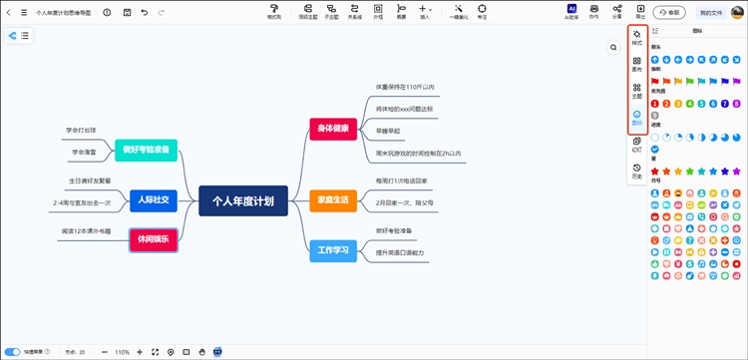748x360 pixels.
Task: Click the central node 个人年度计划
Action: (x=242, y=200)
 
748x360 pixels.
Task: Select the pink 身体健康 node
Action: (x=332, y=128)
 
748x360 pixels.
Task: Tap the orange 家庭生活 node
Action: (x=332, y=200)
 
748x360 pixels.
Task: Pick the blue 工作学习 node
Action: (x=332, y=250)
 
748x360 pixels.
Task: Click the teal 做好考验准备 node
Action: (x=146, y=150)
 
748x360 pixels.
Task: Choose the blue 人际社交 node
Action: (x=153, y=200)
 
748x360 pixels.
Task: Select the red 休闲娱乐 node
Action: (x=153, y=239)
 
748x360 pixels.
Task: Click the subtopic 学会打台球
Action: (x=82, y=130)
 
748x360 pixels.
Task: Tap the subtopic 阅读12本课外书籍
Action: (x=89, y=230)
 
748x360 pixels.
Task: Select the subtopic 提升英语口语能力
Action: (x=399, y=252)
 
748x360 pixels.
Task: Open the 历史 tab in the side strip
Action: (x=636, y=172)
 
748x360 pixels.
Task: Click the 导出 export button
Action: (x=640, y=12)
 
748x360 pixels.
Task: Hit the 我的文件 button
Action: (x=712, y=12)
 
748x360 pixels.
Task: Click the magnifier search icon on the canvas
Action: (x=613, y=47)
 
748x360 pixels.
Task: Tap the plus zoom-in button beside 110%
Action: (x=139, y=352)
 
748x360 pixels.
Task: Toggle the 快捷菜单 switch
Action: (x=13, y=352)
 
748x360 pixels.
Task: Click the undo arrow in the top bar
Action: (x=145, y=12)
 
